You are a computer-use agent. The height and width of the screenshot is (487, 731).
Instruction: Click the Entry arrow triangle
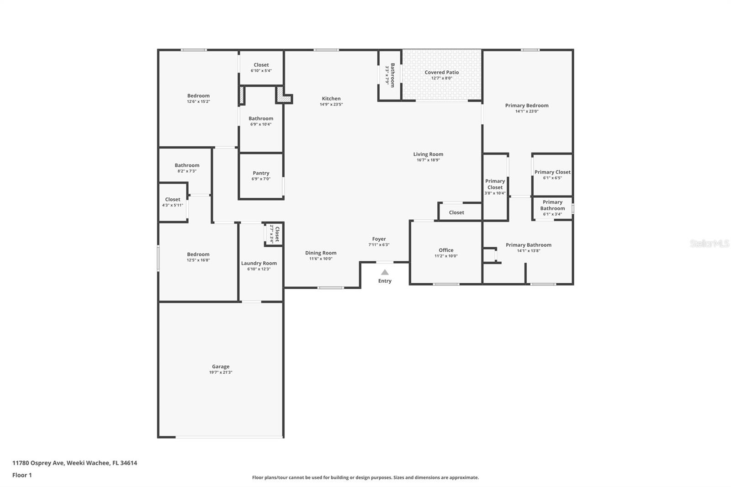click(x=385, y=272)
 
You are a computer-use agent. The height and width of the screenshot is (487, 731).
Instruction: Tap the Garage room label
click(x=221, y=366)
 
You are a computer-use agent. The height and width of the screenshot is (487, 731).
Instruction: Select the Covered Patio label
click(x=441, y=72)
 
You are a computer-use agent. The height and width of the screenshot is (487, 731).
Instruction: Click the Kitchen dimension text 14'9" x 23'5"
click(x=331, y=105)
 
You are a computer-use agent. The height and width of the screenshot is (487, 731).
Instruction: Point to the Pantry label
click(x=261, y=173)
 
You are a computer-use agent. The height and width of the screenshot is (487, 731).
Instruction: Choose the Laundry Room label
click(x=259, y=263)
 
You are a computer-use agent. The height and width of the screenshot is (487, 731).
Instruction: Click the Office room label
click(x=446, y=250)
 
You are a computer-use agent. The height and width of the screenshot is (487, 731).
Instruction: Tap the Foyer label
click(x=379, y=239)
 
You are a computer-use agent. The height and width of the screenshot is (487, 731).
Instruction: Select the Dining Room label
click(x=321, y=253)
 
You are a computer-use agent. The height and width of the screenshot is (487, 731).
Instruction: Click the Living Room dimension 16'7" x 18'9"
click(x=428, y=160)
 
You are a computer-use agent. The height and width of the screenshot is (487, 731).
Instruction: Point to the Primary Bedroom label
click(x=527, y=106)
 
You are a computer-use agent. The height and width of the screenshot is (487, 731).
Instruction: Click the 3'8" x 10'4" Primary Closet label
click(x=495, y=184)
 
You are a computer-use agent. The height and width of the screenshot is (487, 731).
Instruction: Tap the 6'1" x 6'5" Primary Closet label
click(x=552, y=172)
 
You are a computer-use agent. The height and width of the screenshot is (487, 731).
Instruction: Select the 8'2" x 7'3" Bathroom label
click(x=187, y=165)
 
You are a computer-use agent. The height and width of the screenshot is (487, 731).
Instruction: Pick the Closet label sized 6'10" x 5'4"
click(x=261, y=65)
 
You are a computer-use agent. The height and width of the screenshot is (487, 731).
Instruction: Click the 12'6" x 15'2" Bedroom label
click(x=198, y=96)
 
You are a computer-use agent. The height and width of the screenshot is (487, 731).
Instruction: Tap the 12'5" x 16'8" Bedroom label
click(x=198, y=254)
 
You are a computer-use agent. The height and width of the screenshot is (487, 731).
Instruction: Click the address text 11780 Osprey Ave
click(x=38, y=463)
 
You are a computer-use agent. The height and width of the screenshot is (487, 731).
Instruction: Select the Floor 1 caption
click(x=22, y=475)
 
